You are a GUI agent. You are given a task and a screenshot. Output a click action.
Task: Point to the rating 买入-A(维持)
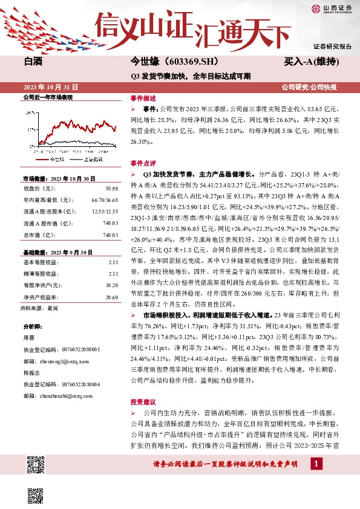[311, 62]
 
